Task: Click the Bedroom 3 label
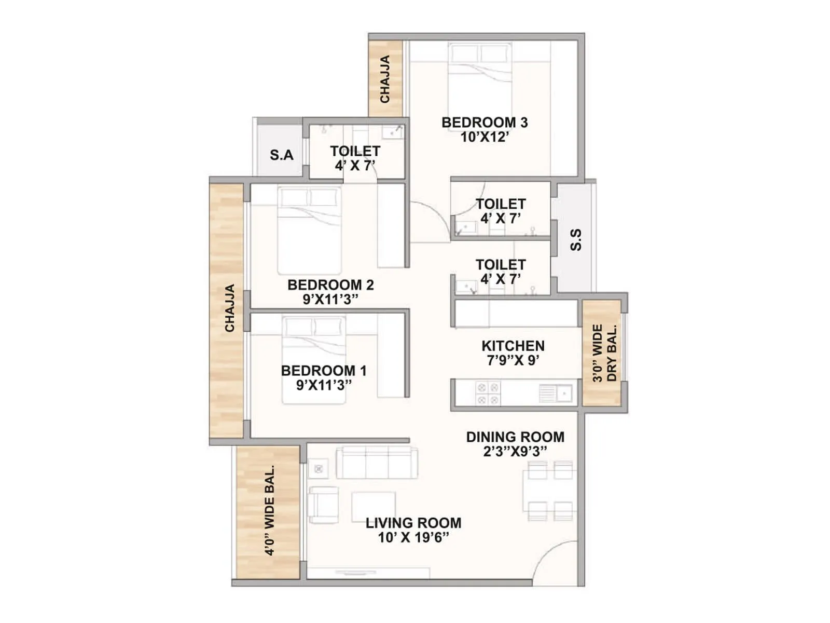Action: pyautogui.click(x=485, y=123)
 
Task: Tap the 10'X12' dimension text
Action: pyautogui.click(x=485, y=137)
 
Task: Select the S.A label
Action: pyautogui.click(x=281, y=155)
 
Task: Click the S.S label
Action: pyautogui.click(x=576, y=240)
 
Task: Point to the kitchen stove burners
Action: pyautogui.click(x=488, y=394)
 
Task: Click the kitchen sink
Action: pyautogui.click(x=556, y=393)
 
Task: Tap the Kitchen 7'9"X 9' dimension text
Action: pyautogui.click(x=513, y=360)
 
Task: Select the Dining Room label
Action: pyautogui.click(x=515, y=437)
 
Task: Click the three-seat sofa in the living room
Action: pyautogui.click(x=377, y=462)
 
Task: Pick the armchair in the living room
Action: pyautogui.click(x=323, y=505)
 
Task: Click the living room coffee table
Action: pyautogui.click(x=374, y=507)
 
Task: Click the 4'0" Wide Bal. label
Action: pyautogui.click(x=269, y=510)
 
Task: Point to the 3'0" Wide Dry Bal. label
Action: pyautogui.click(x=604, y=353)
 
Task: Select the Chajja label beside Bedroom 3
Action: pyautogui.click(x=385, y=79)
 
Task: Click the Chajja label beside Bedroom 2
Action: pyautogui.click(x=229, y=308)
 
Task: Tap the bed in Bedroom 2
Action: pyautogui.click(x=310, y=230)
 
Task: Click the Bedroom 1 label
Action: pyautogui.click(x=324, y=371)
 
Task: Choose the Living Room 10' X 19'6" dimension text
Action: pyautogui.click(x=413, y=537)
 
